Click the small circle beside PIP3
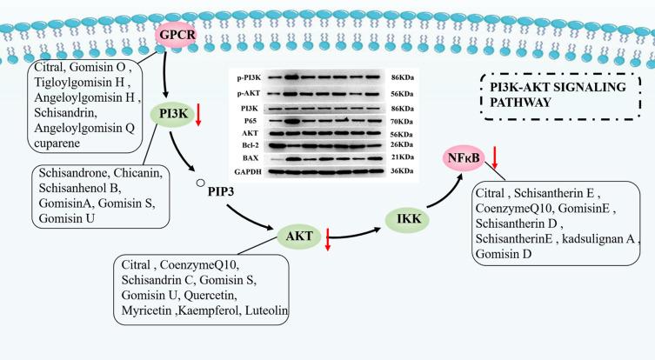pyautogui.click(x=199, y=183)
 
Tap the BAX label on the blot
pyautogui.click(x=252, y=158)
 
